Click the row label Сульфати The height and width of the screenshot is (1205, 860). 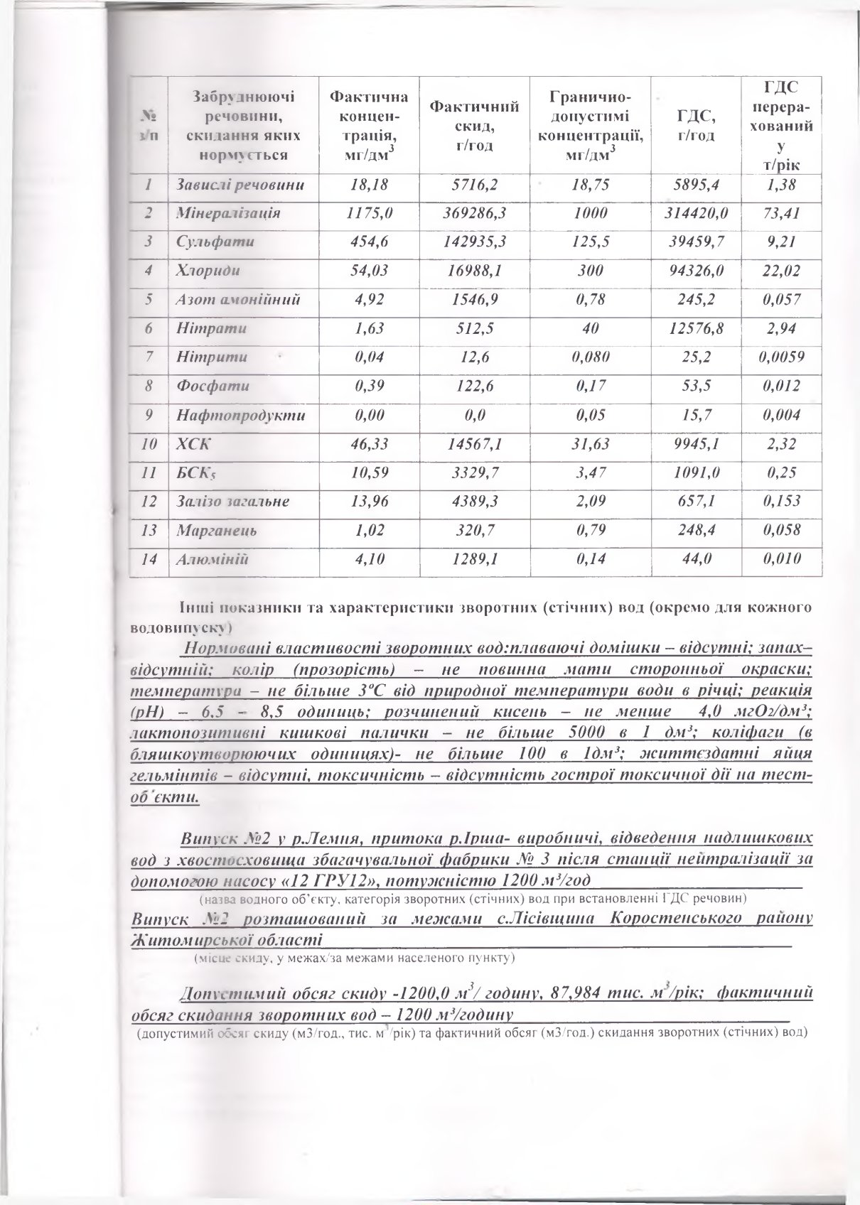click(x=205, y=242)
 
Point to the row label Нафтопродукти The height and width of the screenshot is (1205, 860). click(x=240, y=415)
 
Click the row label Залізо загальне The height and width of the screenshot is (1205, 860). click(x=232, y=502)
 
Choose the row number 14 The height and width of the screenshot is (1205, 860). click(x=149, y=559)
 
